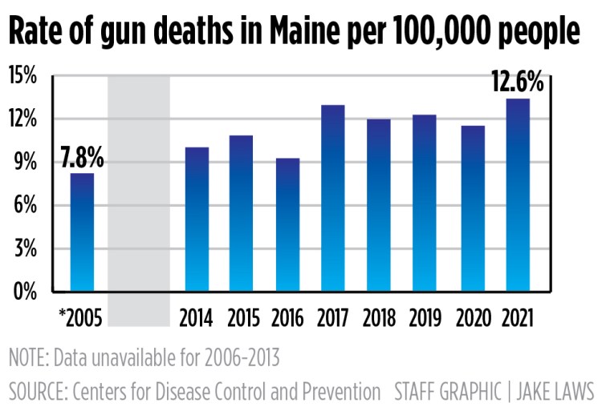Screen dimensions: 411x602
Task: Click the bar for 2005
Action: [82, 232]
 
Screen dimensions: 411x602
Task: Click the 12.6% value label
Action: [517, 83]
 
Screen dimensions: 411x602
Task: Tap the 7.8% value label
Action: [82, 158]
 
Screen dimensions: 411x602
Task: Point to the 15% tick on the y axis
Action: [23, 77]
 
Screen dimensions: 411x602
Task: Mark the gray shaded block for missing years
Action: [139, 200]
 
